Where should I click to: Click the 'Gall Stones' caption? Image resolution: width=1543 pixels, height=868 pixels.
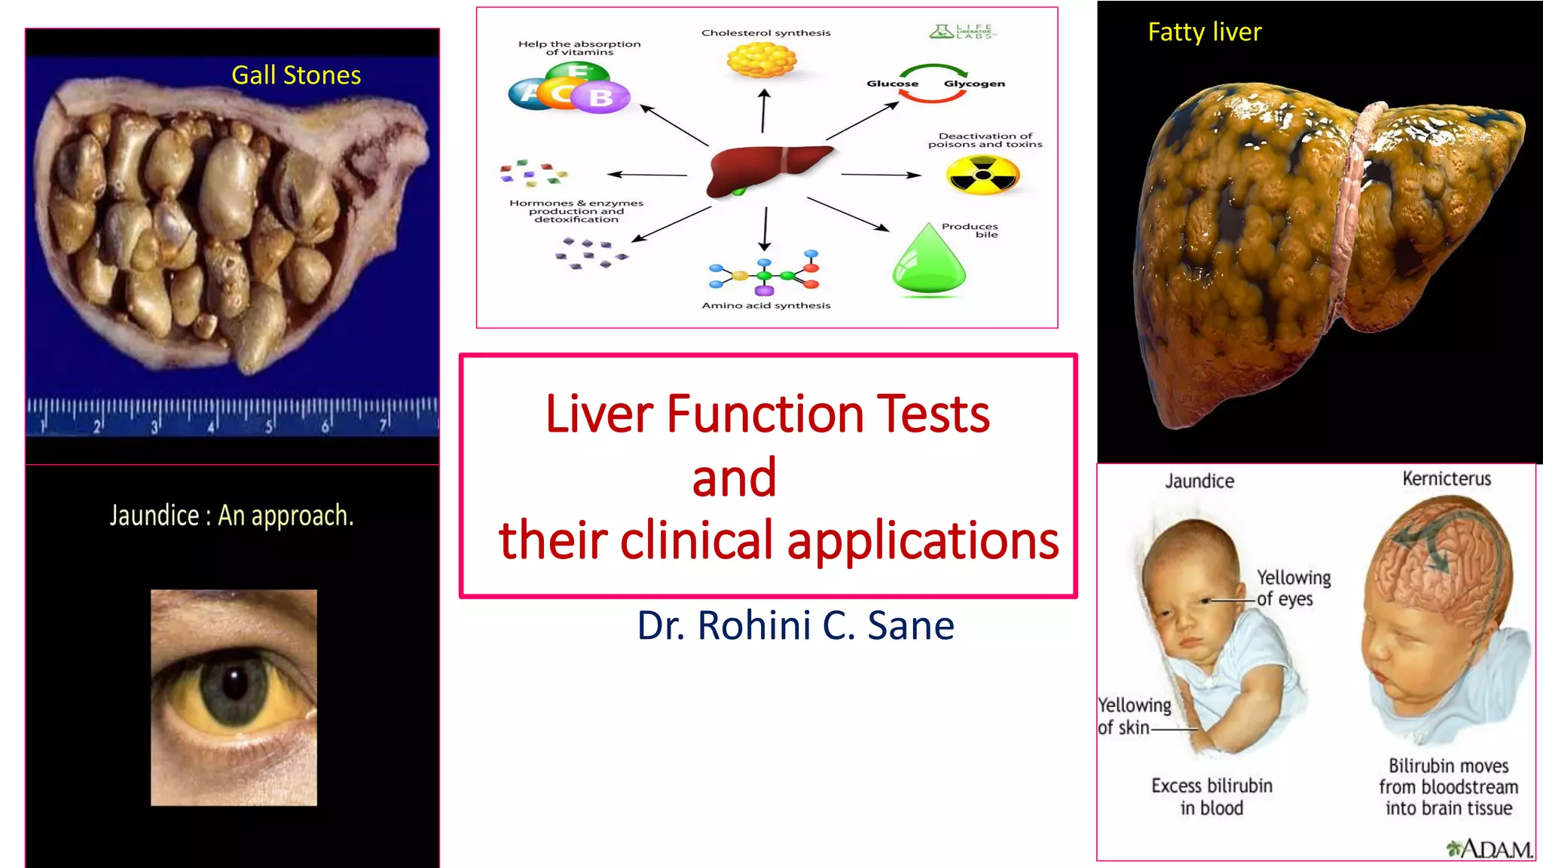coord(296,75)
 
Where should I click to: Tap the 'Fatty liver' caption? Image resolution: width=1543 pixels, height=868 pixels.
coord(1204,32)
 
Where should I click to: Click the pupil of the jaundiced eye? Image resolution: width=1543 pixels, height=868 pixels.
coord(235,683)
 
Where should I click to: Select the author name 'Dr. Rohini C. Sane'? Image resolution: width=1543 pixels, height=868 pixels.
coord(796,625)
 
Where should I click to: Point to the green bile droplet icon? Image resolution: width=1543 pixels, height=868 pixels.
coord(928,261)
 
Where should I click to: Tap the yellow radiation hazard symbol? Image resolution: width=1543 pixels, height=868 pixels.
coord(982,176)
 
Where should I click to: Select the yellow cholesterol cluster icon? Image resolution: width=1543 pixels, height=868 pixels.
coord(762,60)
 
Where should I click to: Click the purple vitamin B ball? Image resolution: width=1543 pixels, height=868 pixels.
coord(600,98)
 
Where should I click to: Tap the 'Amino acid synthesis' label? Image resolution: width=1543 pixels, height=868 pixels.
coord(765,305)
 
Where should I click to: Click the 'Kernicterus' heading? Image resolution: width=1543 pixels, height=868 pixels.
coord(1447,479)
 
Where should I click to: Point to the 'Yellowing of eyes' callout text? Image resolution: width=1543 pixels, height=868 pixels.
coord(1293,588)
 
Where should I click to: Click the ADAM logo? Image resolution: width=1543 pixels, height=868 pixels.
coord(1489,849)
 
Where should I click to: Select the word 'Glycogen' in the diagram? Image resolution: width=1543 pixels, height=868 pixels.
coord(973,84)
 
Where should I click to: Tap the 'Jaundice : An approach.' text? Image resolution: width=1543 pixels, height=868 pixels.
coord(231,516)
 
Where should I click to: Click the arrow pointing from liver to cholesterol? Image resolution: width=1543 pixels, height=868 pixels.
coord(763,111)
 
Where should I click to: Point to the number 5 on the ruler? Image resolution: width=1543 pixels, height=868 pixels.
coord(268,427)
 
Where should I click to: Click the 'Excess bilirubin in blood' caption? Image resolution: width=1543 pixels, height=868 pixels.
coord(1211,797)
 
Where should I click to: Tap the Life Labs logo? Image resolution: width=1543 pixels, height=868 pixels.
coord(963,32)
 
